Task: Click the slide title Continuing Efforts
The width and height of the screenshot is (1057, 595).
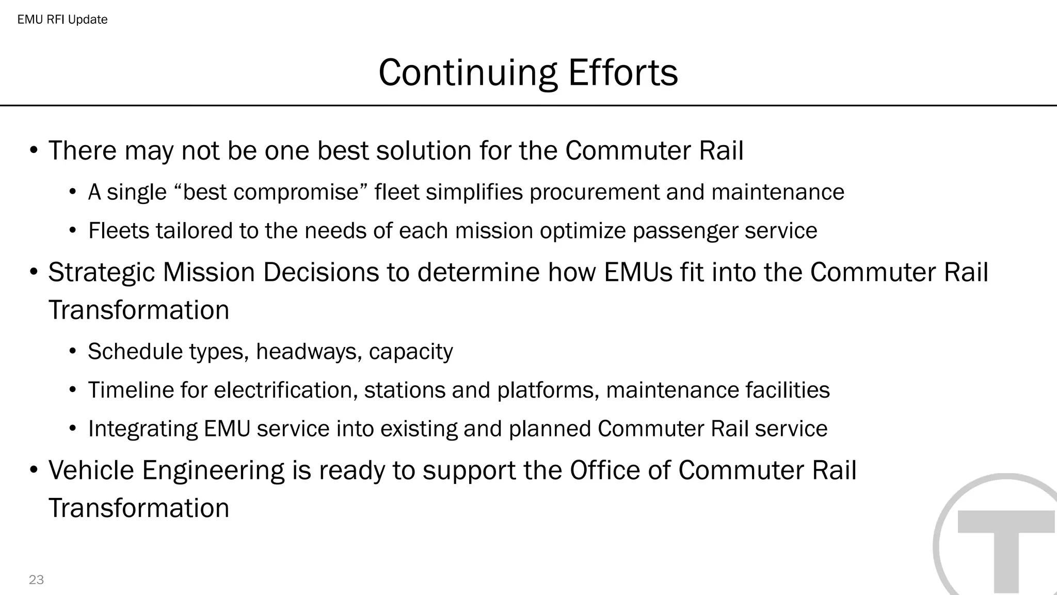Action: click(x=528, y=72)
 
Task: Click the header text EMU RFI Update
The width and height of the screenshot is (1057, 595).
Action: click(x=62, y=20)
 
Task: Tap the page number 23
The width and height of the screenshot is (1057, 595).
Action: click(x=36, y=580)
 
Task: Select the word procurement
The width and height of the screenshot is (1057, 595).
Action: click(x=594, y=192)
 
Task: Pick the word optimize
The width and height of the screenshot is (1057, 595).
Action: click(x=583, y=230)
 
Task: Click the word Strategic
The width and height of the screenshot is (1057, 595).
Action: click(x=102, y=272)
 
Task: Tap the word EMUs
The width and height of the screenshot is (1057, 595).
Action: click(x=638, y=272)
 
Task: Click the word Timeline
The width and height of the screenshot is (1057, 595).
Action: click(x=131, y=390)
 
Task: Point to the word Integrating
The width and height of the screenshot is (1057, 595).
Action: click(x=143, y=429)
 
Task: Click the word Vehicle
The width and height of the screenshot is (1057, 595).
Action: click(x=91, y=470)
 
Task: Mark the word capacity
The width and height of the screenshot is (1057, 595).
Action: click(x=411, y=352)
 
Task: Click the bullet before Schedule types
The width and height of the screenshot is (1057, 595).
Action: click(x=73, y=352)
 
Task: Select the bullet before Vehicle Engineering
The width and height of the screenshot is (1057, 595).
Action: click(x=34, y=470)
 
